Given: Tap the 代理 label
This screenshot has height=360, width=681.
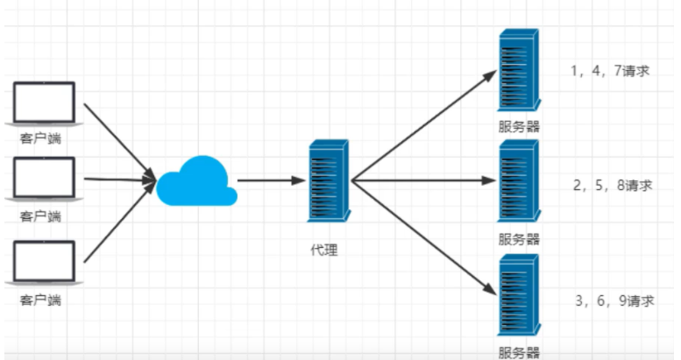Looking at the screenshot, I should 323,250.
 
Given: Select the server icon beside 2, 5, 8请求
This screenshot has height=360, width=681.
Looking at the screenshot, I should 518,182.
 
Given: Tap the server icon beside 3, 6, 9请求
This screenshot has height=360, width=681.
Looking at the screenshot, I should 518,295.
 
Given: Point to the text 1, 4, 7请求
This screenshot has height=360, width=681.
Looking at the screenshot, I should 609,71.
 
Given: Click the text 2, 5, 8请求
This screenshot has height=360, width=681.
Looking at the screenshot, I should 613,185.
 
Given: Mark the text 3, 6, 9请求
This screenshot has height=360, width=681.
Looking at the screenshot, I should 614,300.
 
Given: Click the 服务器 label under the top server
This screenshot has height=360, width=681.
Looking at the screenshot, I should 519,126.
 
